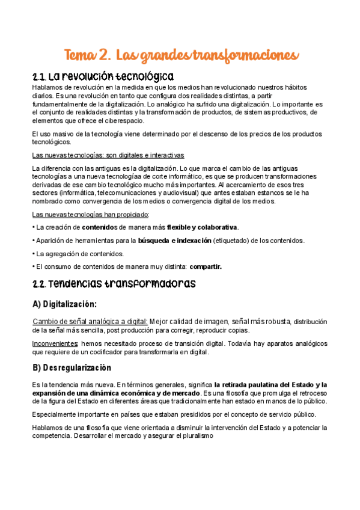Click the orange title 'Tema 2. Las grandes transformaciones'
coord(181,55)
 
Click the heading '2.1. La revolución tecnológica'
coord(103,77)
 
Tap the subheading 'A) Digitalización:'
coord(64,304)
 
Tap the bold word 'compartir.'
coord(205,266)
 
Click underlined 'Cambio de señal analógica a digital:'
coord(90,321)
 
